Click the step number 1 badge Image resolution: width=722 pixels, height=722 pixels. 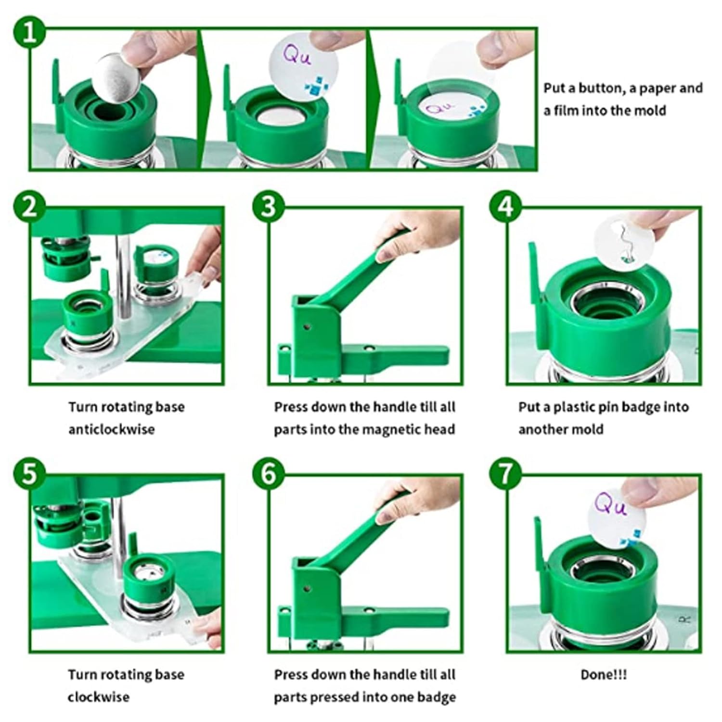(29, 33)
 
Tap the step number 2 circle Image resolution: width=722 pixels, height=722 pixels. (29, 207)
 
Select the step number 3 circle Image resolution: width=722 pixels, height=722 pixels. (269, 207)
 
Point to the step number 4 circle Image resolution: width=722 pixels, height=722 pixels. (505, 207)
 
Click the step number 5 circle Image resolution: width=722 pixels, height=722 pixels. (29, 474)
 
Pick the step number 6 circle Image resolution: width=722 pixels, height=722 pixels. (269, 474)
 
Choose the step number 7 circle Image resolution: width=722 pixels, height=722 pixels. (505, 474)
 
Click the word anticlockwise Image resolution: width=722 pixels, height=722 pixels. (111, 429)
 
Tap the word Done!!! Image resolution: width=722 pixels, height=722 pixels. (604, 675)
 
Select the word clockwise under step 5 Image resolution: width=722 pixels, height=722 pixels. (99, 697)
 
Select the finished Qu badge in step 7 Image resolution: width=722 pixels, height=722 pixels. (617, 516)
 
